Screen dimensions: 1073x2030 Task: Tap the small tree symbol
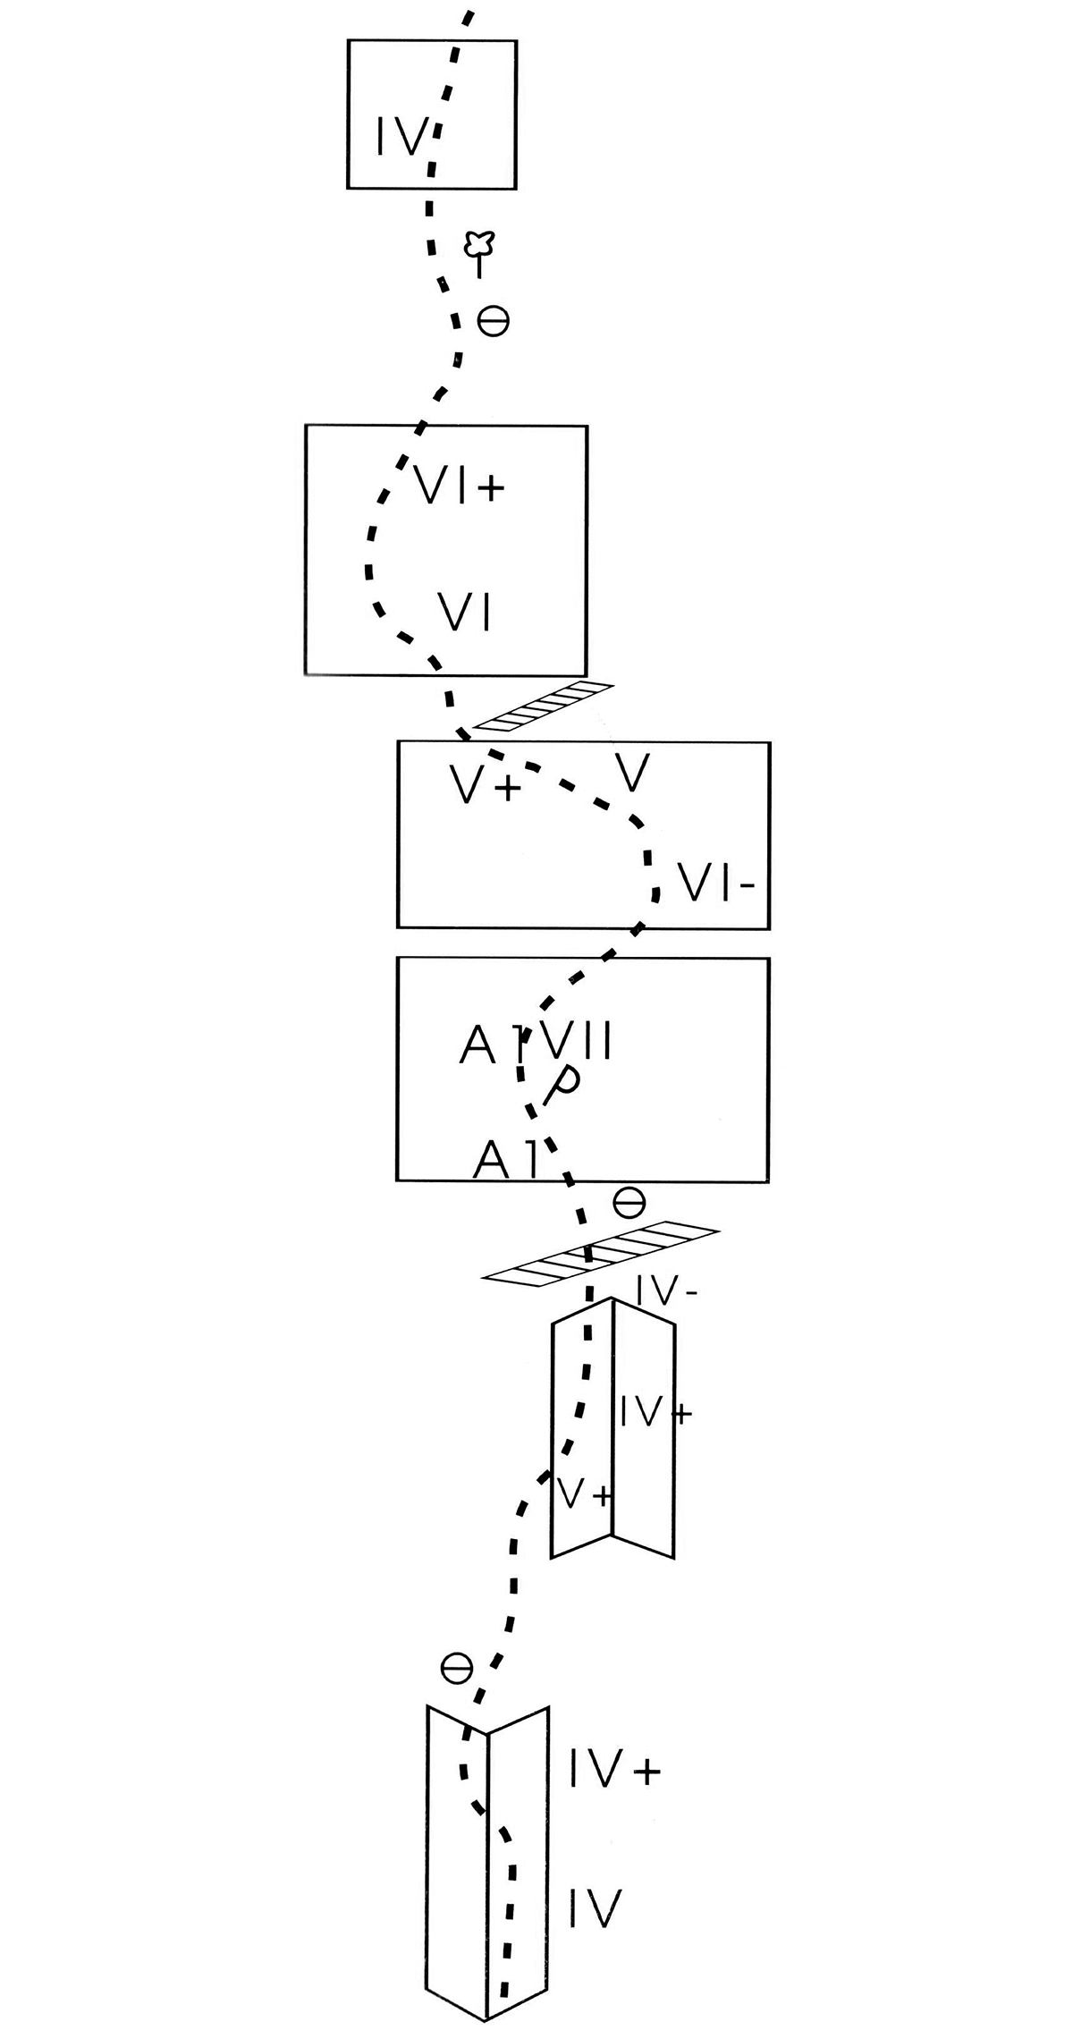tap(480, 253)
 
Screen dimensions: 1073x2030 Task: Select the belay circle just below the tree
tap(494, 320)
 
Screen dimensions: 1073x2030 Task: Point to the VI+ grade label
tap(460, 486)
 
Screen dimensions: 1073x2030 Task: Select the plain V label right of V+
tap(632, 773)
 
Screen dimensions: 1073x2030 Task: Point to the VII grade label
tap(571, 1041)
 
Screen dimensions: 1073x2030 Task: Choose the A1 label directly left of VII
tap(488, 1044)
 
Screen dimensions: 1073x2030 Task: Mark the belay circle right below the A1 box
tap(629, 1203)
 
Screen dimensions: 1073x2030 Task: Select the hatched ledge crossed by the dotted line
tap(600, 1255)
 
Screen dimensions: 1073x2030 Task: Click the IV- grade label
tap(667, 1293)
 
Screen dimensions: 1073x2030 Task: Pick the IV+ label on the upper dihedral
tap(655, 1411)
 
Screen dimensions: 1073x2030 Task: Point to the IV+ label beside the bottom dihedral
tap(615, 1770)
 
